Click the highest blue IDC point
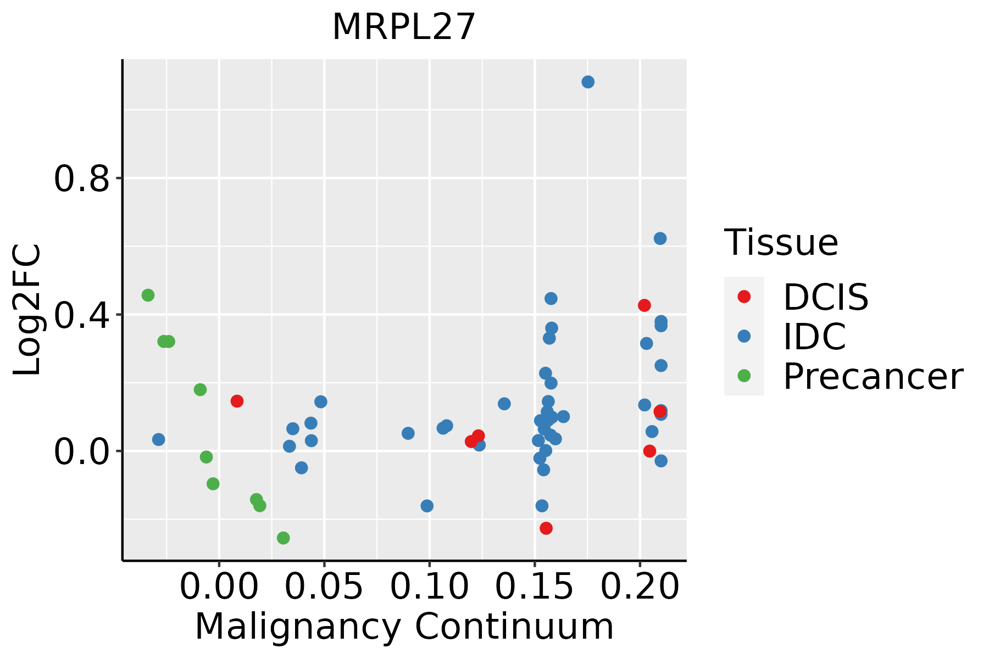pos(588,82)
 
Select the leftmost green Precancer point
pos(148,295)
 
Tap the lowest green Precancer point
pos(283,538)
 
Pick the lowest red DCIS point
pos(546,528)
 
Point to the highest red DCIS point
pos(644,305)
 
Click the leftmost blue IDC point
pos(159,439)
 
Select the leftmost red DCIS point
pos(237,401)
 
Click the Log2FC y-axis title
pos(27,310)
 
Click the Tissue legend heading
pos(781,243)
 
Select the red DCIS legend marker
pos(744,297)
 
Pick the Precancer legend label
pos(873,377)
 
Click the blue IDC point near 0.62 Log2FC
pos(660,238)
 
